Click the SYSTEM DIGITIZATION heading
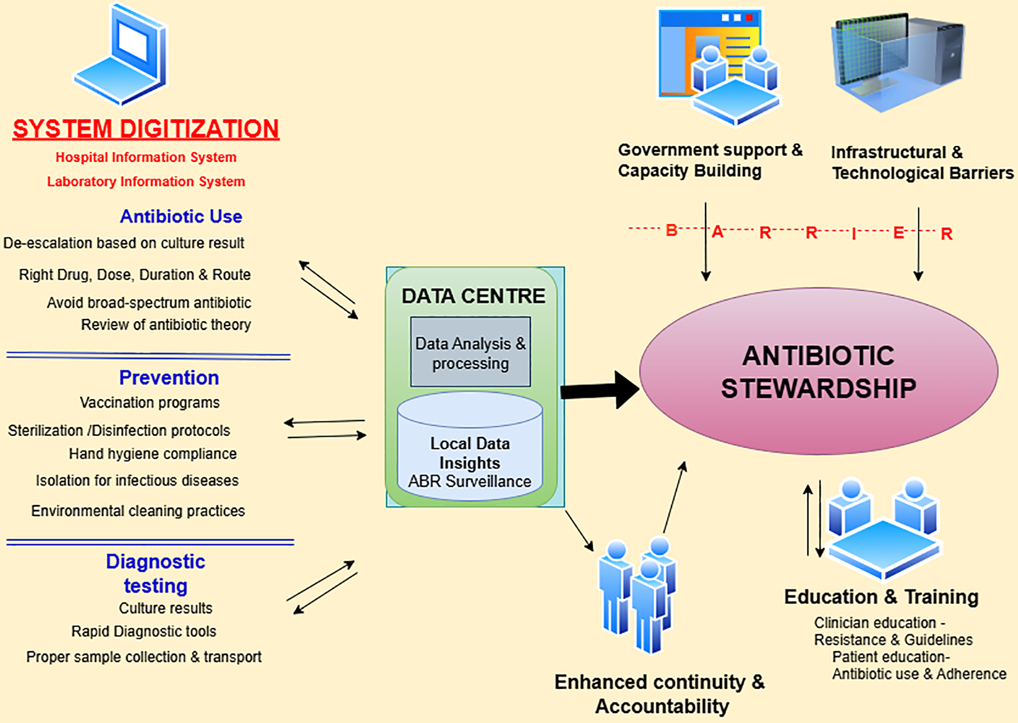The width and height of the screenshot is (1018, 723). pos(146,129)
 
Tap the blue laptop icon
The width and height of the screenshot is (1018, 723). pos(122,55)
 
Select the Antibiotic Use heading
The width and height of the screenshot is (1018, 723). pos(181,216)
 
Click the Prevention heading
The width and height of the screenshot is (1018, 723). pos(169,378)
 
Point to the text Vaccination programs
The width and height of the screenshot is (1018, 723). pos(149,403)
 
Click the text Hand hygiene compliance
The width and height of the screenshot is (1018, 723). pos(153,454)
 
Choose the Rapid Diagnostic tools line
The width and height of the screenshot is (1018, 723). pos(144,631)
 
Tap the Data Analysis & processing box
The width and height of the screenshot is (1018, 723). pos(470,352)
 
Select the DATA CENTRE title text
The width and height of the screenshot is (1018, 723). pos(473,296)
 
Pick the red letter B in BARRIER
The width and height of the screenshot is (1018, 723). pos(671,230)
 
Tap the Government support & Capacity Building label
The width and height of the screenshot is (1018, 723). pos(710,160)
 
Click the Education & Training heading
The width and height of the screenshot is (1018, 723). pos(881,597)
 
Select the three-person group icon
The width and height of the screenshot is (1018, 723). pos(638,594)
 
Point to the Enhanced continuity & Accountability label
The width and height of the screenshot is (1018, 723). pos(660,694)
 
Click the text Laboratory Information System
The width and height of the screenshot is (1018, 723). pos(146,182)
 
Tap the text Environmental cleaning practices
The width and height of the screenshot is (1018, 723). pos(138,511)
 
